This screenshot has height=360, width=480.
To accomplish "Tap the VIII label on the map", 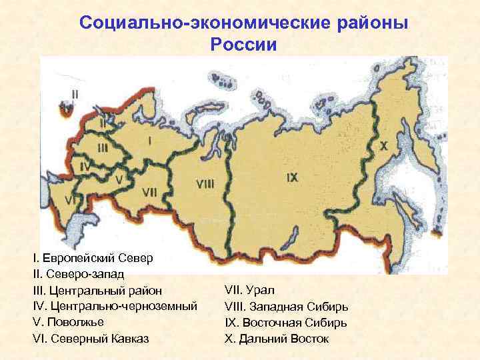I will (205, 182).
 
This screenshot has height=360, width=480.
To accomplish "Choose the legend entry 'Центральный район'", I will (97, 290).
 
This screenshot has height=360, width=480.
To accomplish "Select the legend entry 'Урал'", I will (250, 290).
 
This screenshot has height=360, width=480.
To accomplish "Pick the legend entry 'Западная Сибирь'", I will (287, 306).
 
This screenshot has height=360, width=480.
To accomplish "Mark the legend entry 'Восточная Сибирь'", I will (287, 322).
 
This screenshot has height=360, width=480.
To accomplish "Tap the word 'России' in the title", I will (242, 45).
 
